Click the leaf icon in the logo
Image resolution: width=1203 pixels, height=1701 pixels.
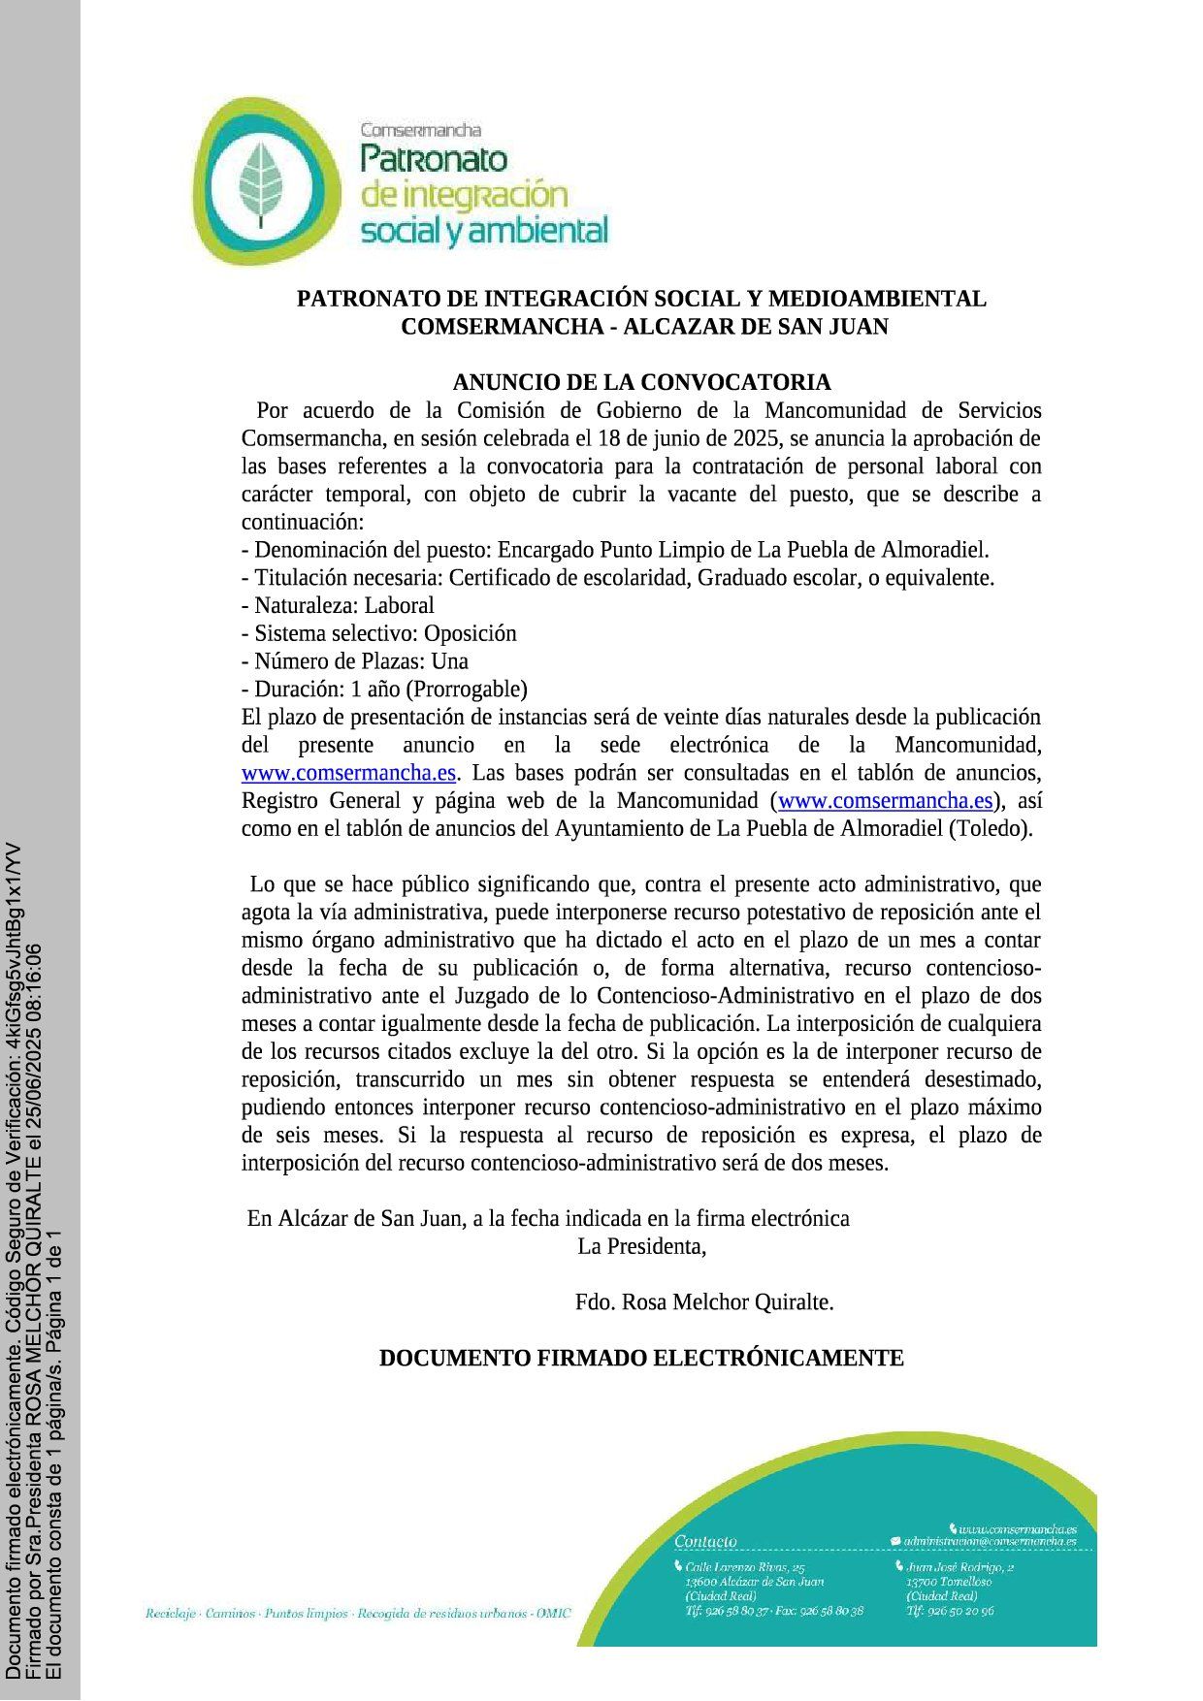coord(259,181)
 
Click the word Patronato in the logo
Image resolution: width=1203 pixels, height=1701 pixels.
coord(433,158)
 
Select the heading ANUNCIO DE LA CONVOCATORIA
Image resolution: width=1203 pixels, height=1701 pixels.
coord(641,382)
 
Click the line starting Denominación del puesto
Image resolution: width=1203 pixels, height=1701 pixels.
coord(615,550)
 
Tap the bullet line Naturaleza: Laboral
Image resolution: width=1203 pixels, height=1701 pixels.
coord(338,606)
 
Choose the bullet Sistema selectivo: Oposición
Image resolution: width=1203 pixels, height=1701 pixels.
coord(378,633)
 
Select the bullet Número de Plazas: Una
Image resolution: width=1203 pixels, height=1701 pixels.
coord(355,661)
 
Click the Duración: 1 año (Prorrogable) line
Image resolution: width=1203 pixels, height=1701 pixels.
coord(384,690)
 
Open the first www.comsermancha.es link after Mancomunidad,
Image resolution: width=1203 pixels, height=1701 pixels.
coord(348,773)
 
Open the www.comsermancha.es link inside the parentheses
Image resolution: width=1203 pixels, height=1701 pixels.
coord(886,801)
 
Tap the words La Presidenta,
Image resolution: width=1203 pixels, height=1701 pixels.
coord(641,1246)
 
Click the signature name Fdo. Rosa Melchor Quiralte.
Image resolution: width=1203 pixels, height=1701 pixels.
coord(704,1302)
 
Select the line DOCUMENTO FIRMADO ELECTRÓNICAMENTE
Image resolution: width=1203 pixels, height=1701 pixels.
coord(641,1358)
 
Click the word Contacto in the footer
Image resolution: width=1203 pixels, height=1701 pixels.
coord(705,1541)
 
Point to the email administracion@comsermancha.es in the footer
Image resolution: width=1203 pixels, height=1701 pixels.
coord(990,1541)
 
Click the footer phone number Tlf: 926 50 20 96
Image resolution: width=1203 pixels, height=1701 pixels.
coord(950,1611)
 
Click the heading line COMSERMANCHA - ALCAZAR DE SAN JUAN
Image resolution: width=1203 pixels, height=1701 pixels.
coord(644,327)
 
